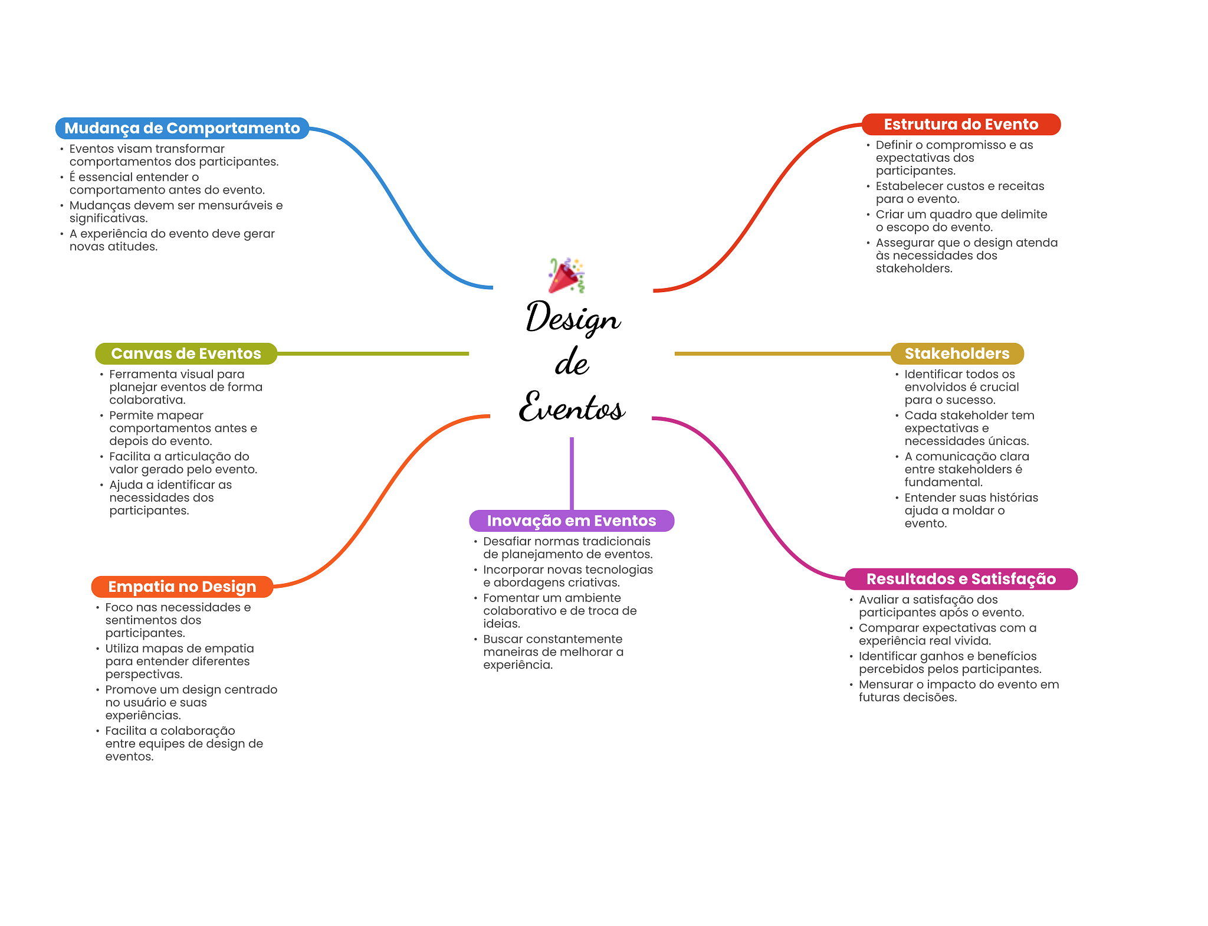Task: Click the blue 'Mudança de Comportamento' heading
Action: (x=182, y=128)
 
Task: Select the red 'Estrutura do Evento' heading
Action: (x=961, y=125)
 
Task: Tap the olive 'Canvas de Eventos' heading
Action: (x=186, y=354)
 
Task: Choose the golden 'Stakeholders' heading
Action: (x=957, y=354)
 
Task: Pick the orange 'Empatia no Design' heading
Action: (x=182, y=587)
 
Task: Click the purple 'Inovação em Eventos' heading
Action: (x=572, y=521)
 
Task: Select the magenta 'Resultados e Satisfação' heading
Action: (x=961, y=579)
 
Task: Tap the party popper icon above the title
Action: (x=566, y=275)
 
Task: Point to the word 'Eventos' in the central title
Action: (x=572, y=407)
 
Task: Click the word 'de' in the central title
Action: (x=572, y=362)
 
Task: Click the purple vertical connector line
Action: (x=572, y=473)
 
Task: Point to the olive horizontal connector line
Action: (x=373, y=354)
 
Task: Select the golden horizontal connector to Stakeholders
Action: (x=783, y=354)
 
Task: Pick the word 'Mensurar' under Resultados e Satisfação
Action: (x=885, y=685)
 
